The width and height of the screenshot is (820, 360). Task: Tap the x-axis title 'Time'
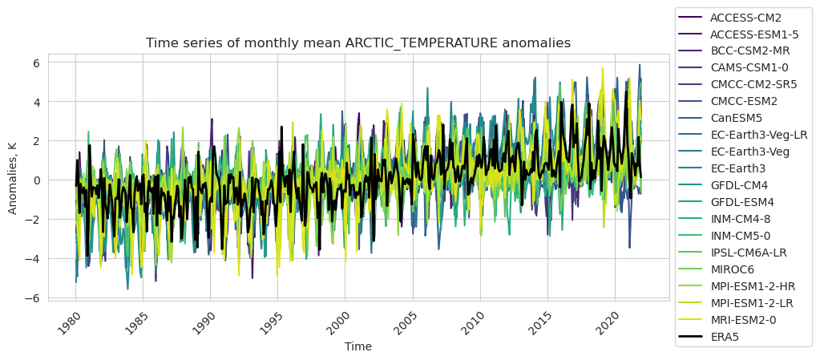click(x=358, y=346)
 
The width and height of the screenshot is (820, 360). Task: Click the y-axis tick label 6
click(x=37, y=63)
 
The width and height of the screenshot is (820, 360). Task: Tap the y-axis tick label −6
click(x=34, y=298)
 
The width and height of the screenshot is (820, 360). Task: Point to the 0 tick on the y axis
click(x=37, y=180)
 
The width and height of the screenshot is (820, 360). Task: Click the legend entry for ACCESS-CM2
click(x=745, y=17)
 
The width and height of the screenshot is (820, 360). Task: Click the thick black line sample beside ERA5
click(x=690, y=337)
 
